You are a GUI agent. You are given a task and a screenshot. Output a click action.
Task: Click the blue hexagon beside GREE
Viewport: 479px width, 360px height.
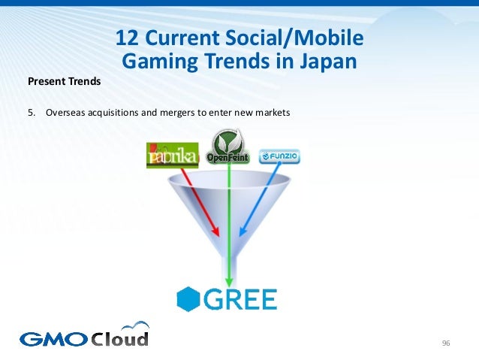pos(188,298)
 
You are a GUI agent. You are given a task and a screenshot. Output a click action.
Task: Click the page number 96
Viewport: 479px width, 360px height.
pos(446,343)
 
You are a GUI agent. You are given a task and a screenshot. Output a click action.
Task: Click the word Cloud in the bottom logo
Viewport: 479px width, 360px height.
pos(120,337)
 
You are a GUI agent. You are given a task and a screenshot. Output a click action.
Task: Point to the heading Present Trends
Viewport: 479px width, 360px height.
pos(64,80)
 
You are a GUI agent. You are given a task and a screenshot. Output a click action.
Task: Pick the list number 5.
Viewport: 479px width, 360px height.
pos(31,113)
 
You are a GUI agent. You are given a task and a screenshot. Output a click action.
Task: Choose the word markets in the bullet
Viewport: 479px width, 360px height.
pos(271,113)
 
